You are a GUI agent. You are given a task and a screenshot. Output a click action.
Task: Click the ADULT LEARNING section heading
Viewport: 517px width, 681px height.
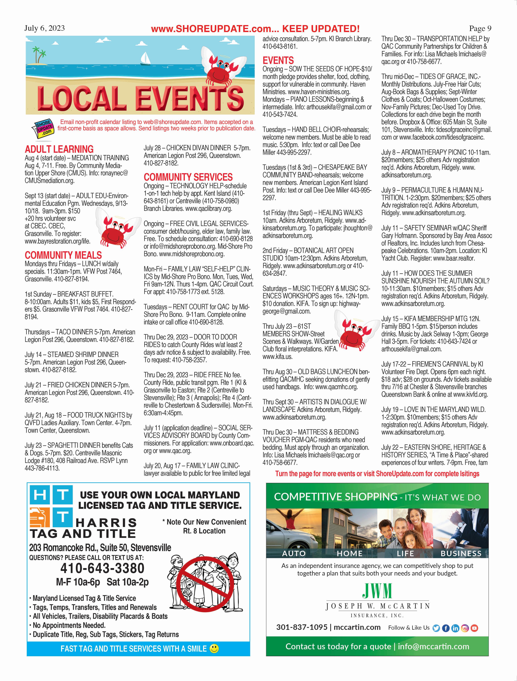click(x=59, y=149)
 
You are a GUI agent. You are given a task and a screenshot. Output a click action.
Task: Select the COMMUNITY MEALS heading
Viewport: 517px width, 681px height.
click(x=63, y=255)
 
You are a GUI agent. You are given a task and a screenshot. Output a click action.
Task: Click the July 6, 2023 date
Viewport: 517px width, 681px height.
click(x=45, y=28)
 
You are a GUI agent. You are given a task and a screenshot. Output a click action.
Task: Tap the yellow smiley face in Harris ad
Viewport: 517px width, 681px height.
click(x=214, y=649)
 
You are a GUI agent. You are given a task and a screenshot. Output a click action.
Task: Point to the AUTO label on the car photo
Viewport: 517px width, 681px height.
click(x=294, y=553)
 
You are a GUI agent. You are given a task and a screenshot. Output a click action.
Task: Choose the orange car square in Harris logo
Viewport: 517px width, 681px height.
click(x=40, y=518)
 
